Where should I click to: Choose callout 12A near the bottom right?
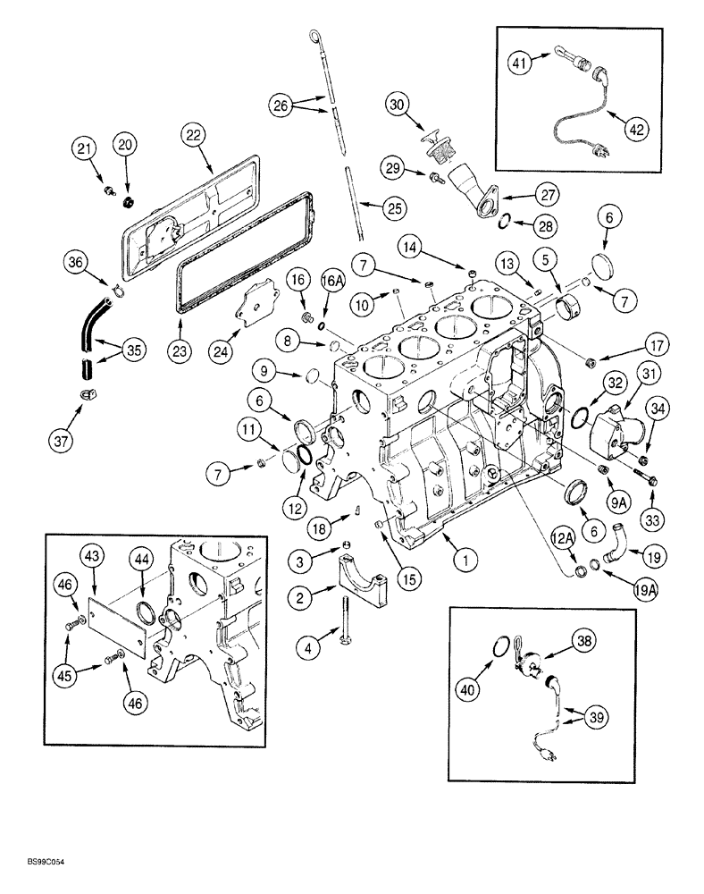[561, 536]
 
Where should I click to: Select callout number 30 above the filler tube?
[398, 104]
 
